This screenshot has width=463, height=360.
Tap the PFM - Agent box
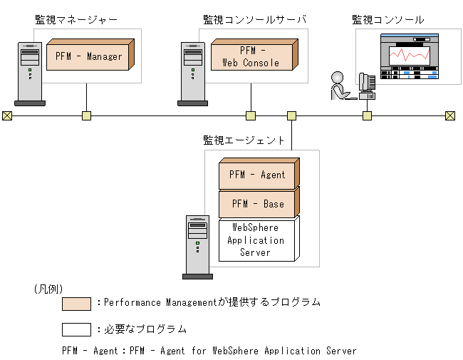click(x=257, y=175)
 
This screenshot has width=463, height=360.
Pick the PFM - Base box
click(x=257, y=203)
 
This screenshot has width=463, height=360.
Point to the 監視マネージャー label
click(x=76, y=19)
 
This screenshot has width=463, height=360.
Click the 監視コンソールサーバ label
click(x=254, y=19)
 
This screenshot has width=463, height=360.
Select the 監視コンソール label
click(x=388, y=19)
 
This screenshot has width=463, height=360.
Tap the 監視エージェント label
click(x=244, y=140)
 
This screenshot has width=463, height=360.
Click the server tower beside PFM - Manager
click(x=29, y=73)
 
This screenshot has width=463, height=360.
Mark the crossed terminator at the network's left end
click(x=7, y=115)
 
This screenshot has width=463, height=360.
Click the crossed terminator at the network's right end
click(x=449, y=115)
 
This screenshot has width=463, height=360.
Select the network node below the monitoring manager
click(x=86, y=115)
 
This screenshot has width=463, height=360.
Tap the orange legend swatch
click(x=76, y=304)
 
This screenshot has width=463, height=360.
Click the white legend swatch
click(x=76, y=329)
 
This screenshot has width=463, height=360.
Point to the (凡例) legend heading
click(x=48, y=289)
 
